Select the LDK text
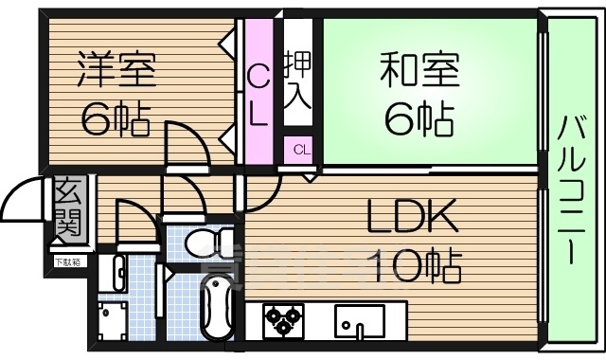pyautogui.click(x=414, y=217)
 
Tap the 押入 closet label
pyautogui.click(x=297, y=81)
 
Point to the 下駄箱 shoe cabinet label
pyautogui.click(x=67, y=261)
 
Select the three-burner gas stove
pyautogui.click(x=281, y=320)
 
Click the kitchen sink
pyautogui.click(x=359, y=322)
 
